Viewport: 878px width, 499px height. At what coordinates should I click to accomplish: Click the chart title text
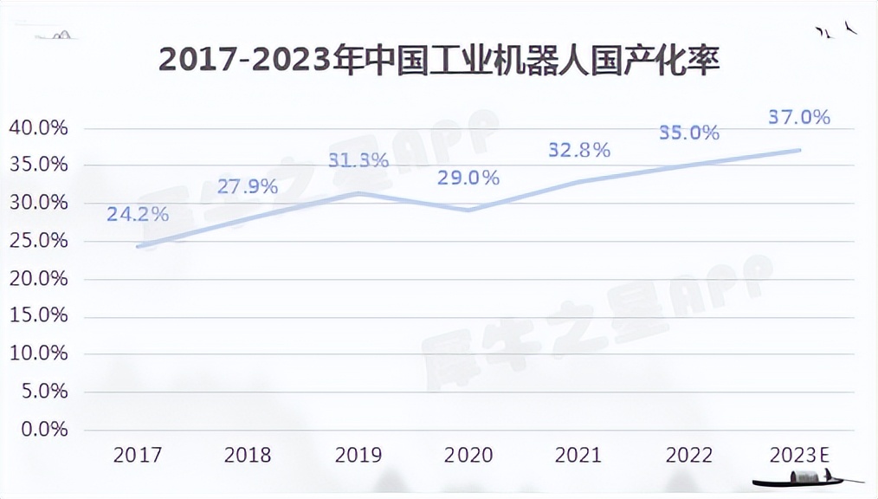click(x=439, y=62)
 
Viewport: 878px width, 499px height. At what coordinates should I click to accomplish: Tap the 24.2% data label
click(x=138, y=213)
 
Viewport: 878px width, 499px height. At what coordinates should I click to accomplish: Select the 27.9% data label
click(x=247, y=185)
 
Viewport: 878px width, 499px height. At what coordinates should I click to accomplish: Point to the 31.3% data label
click(x=358, y=160)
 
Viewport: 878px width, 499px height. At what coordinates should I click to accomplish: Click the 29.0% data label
click(x=468, y=178)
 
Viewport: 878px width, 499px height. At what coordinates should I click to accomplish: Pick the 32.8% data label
click(x=579, y=149)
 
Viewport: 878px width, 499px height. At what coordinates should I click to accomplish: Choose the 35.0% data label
click(x=689, y=133)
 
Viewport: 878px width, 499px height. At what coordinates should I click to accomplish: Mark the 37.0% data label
click(x=799, y=117)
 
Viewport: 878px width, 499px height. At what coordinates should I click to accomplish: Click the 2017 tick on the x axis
click(x=137, y=455)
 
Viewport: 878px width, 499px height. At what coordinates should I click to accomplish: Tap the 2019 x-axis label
click(x=358, y=455)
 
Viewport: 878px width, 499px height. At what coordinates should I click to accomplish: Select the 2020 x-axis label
click(x=468, y=455)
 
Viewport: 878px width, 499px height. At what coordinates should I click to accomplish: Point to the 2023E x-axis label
click(x=799, y=455)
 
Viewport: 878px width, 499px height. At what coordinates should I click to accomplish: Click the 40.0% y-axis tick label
click(x=38, y=128)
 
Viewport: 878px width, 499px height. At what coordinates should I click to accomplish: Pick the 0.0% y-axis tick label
click(x=42, y=430)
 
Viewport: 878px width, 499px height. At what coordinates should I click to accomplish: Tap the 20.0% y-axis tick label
click(x=38, y=279)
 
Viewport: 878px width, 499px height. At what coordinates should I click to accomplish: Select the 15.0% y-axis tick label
click(x=38, y=316)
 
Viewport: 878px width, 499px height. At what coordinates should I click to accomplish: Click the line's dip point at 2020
click(x=468, y=211)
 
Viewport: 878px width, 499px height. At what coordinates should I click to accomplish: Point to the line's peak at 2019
click(x=358, y=193)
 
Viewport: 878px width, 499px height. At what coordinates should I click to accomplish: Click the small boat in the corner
click(x=805, y=477)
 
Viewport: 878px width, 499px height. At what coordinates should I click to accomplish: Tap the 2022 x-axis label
click(x=689, y=455)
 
